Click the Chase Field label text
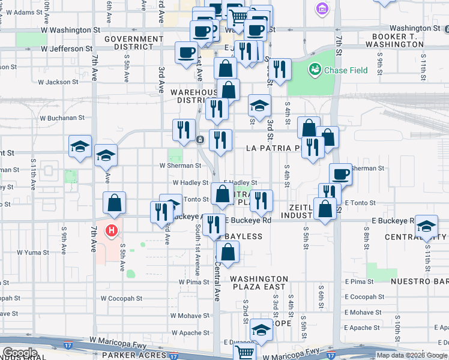coord(346,70)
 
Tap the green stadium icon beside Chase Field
coord(315,70)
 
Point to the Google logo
coord(19,353)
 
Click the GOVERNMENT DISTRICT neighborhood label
coord(133,43)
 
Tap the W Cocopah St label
coord(121,298)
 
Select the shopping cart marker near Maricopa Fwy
coord(245,352)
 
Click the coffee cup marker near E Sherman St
coord(340,174)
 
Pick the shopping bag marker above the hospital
coord(113,203)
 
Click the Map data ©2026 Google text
coord(411,355)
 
